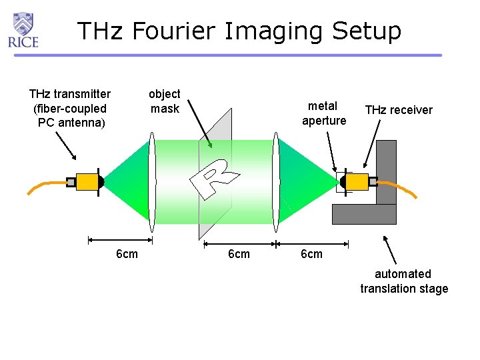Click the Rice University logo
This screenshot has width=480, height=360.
click(x=23, y=29)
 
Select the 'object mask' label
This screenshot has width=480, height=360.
click(x=164, y=101)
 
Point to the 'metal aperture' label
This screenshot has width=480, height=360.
click(x=323, y=113)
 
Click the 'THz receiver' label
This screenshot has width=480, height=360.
click(x=399, y=110)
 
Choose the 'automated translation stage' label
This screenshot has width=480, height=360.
click(x=404, y=281)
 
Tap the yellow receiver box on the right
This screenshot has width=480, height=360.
click(x=357, y=181)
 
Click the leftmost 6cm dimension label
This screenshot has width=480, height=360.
click(x=127, y=254)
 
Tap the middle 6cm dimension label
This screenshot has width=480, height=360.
click(x=239, y=254)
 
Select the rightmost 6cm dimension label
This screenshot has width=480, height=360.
click(x=311, y=254)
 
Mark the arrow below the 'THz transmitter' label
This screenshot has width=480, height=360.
click(x=65, y=145)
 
